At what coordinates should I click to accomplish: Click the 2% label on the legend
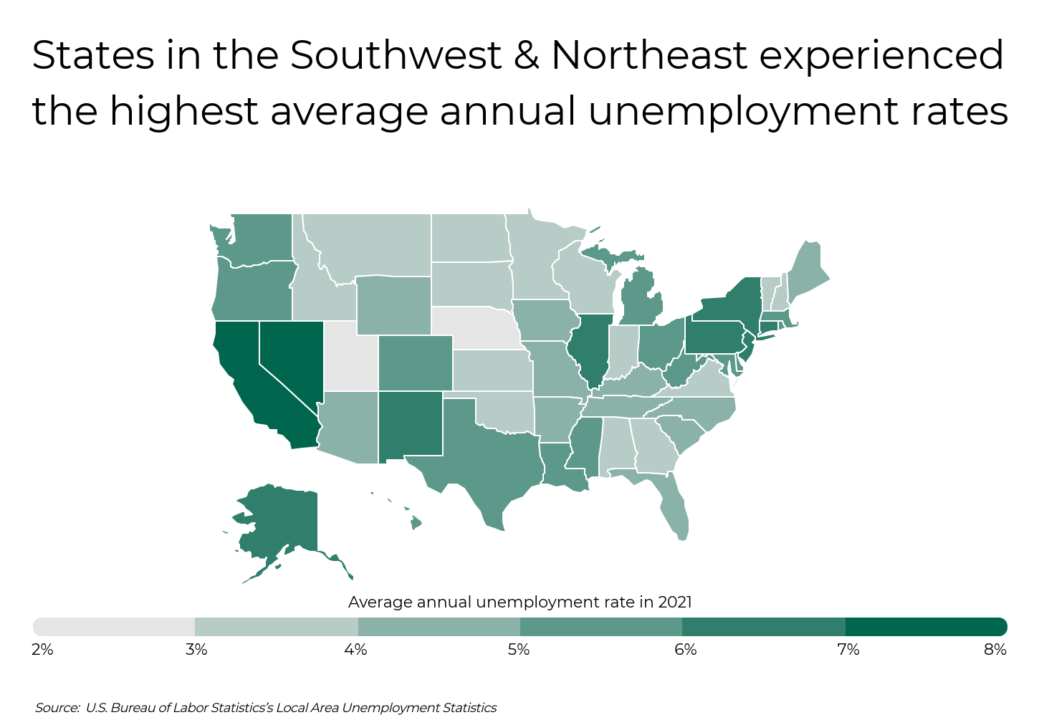coord(42,650)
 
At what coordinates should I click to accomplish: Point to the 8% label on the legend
coord(995,650)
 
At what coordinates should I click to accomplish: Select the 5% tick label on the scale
coord(519,650)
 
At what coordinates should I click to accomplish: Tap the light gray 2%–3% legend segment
coord(114,627)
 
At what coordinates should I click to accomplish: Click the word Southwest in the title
coord(396,56)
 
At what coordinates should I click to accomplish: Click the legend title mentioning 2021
coord(519,602)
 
